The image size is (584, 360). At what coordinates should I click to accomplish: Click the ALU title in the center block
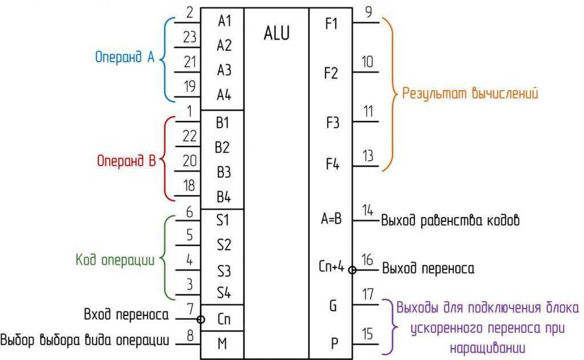pos(277,34)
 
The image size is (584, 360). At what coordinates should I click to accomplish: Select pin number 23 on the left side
pos(190,38)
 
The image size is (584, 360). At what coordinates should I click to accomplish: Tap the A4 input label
pos(224,95)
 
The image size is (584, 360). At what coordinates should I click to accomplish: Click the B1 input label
pos(223,123)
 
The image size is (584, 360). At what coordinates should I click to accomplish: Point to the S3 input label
pos(224,270)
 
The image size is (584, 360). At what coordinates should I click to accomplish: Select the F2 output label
pos(331,74)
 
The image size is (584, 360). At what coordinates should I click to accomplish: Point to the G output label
pos(333,306)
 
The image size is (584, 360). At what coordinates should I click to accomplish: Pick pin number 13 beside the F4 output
pos(368,156)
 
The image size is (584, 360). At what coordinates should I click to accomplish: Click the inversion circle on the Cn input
pos(201,319)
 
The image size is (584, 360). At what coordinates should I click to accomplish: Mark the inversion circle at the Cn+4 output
pos(352,270)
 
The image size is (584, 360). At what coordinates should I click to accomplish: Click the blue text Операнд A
pos(125,58)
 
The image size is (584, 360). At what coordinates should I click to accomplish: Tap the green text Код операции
pos(115,260)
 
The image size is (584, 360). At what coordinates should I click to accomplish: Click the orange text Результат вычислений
pos(470,93)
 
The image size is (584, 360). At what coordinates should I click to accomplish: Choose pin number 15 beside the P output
pos(368,334)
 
